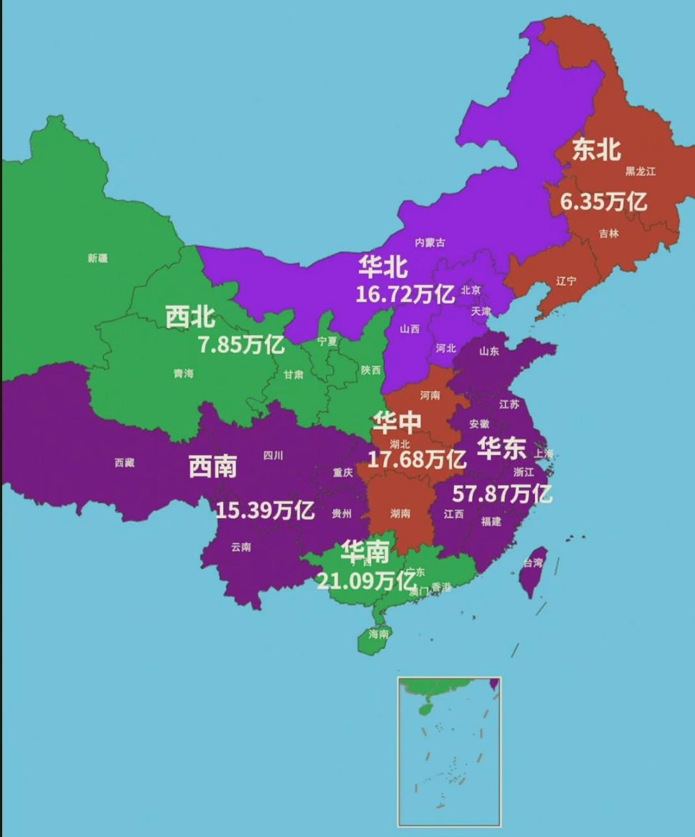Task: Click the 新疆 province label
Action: tap(98, 258)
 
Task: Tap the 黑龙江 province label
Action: tap(640, 172)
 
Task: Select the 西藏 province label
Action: tap(124, 462)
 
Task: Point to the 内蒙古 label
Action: tap(430, 242)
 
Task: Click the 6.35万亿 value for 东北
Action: tap(603, 202)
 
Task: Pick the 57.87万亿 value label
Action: tap(502, 492)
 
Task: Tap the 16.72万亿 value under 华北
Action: tap(405, 293)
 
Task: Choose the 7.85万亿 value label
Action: tap(241, 345)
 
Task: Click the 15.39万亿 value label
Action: tap(265, 510)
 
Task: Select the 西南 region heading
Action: tap(212, 467)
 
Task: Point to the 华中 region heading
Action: tap(397, 423)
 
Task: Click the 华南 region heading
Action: tap(365, 551)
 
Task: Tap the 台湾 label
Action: tap(533, 563)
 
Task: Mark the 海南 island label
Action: tap(379, 633)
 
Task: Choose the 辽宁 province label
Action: tap(566, 281)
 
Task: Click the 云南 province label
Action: tap(241, 548)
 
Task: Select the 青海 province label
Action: tap(183, 373)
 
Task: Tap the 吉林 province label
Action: tap(609, 234)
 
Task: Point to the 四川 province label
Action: tap(273, 455)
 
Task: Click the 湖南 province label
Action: tap(400, 513)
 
